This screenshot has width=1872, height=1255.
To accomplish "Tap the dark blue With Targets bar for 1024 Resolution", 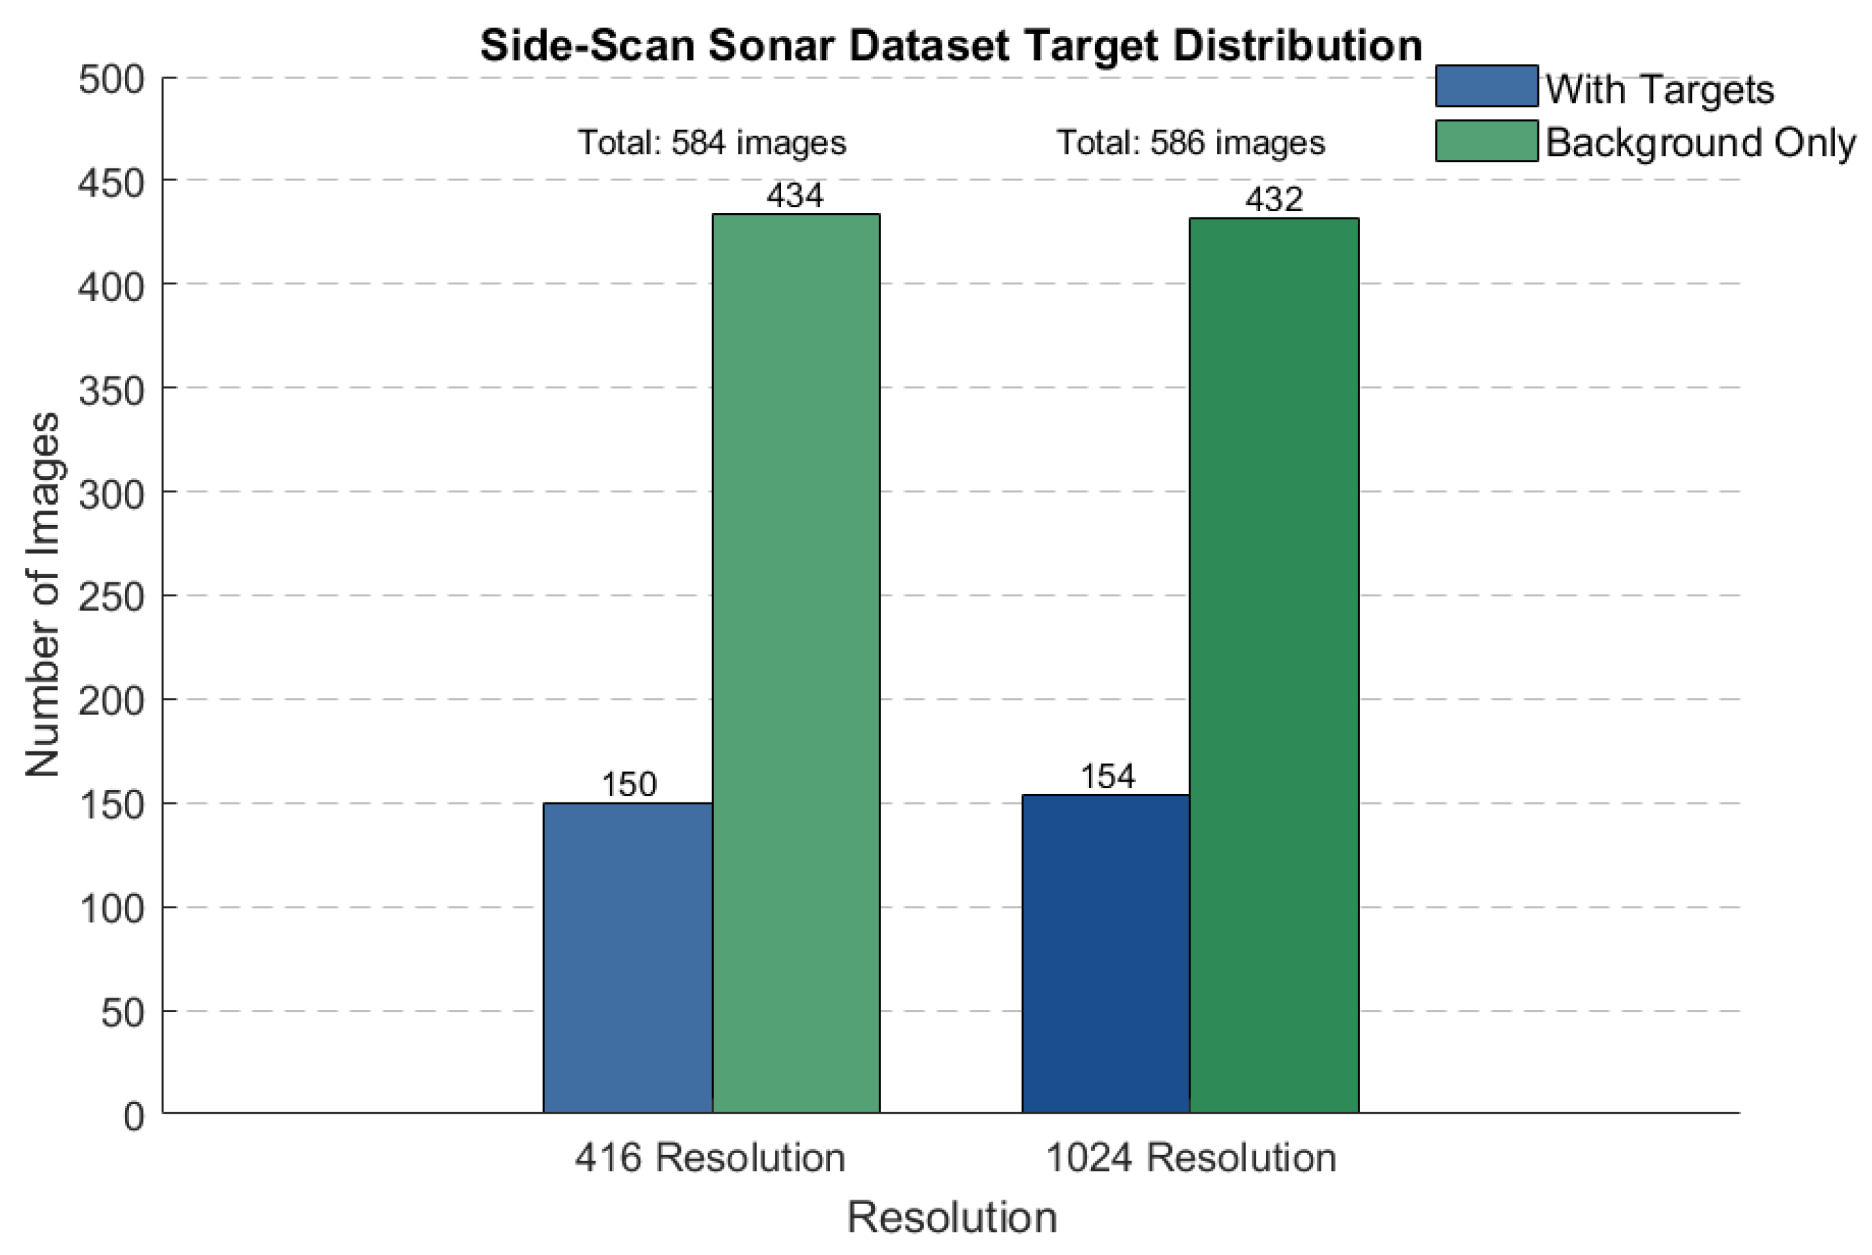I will (1105, 953).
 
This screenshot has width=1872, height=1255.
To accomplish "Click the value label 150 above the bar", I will (629, 784).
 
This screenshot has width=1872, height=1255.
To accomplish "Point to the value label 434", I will (795, 196).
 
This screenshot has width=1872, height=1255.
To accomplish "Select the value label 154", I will (1107, 776).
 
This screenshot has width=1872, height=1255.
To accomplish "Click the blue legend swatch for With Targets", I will (1486, 86).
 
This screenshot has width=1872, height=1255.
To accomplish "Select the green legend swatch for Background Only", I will (1486, 141).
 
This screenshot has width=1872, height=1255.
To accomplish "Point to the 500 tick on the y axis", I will (112, 80).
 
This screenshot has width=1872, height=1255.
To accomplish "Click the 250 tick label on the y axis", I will (112, 597).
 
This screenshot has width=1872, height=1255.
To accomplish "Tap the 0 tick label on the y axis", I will (134, 1116).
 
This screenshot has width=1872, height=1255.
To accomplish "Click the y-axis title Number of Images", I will (43, 594).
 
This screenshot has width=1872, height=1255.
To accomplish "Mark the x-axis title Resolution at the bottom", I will (952, 1217).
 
